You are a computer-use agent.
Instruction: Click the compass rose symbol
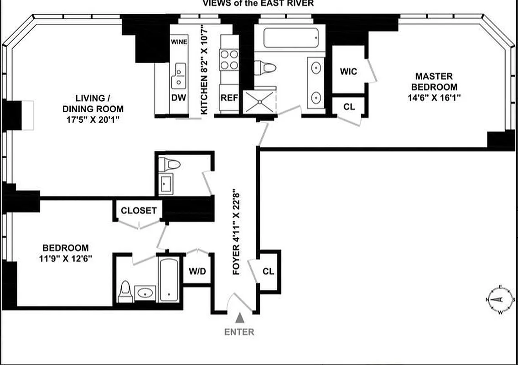[x=500, y=300]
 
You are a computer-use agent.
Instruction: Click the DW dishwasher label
[x=177, y=97]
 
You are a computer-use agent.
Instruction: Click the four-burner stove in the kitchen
[x=229, y=60]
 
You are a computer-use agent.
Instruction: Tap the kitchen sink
[x=179, y=76]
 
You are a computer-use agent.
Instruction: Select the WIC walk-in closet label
[x=348, y=72]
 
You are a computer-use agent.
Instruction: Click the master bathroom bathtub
[x=290, y=37]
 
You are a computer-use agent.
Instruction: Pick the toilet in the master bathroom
[x=265, y=68]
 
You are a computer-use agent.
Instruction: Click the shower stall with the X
[x=259, y=101]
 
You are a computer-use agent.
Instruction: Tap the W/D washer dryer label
[x=197, y=271]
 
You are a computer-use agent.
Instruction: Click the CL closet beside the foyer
[x=269, y=271]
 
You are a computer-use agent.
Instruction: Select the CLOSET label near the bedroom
[x=139, y=211]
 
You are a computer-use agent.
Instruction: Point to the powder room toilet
[x=171, y=164]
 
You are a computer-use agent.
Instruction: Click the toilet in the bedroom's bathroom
[x=124, y=292]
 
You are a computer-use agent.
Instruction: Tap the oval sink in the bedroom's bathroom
[x=145, y=292]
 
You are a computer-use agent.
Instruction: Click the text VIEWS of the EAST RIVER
[x=258, y=3]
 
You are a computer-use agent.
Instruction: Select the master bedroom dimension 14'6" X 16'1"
[x=433, y=97]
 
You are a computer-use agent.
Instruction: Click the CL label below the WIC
[x=349, y=107]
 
